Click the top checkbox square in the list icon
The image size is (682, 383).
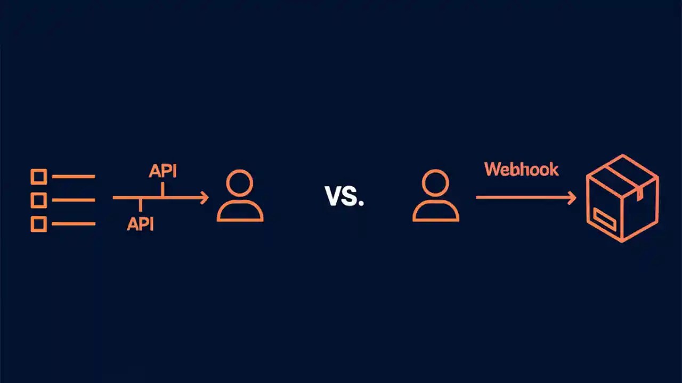pos(39,176)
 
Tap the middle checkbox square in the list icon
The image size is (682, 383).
pos(39,200)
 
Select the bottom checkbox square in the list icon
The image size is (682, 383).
pos(39,224)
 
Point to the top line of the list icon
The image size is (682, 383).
pos(74,176)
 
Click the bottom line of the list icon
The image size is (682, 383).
pos(74,224)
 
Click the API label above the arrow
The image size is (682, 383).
pos(163,171)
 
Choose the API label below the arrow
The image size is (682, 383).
pos(140,224)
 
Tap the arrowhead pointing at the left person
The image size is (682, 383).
pos(204,198)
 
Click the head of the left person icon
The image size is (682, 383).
pos(240,183)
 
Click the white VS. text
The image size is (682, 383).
pos(344,197)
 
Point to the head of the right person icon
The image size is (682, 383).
pos(435,183)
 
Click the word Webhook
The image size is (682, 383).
pos(521,169)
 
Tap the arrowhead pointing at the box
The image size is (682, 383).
pos(572,198)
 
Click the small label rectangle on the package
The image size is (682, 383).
pos(605,220)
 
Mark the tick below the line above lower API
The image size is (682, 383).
pos(140,205)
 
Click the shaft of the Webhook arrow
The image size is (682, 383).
pos(522,197)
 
